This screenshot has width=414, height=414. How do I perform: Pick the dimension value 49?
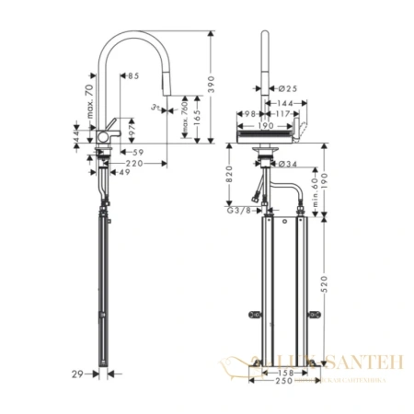[x=123, y=172]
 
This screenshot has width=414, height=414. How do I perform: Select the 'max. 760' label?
[x=188, y=119]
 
